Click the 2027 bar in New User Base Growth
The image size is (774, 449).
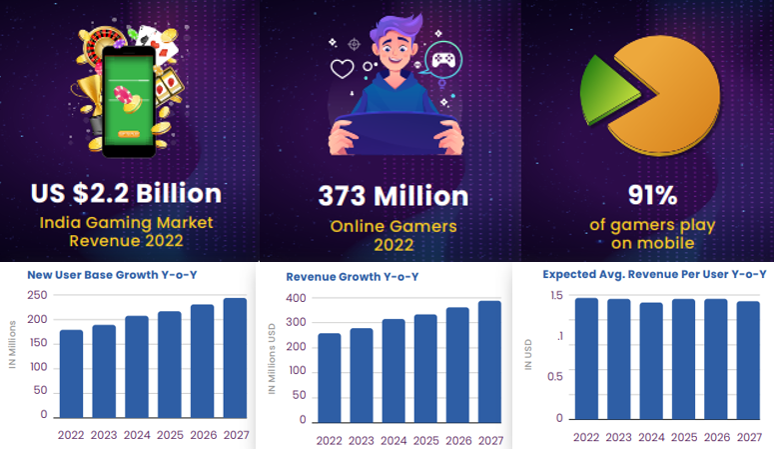(235, 357)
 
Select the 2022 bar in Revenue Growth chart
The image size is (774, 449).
(329, 375)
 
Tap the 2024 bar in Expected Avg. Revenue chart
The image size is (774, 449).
(651, 360)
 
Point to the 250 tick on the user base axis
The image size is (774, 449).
(37, 295)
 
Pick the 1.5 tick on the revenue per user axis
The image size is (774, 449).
(555, 295)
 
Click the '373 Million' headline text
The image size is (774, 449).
(392, 195)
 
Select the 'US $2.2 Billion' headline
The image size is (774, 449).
(126, 192)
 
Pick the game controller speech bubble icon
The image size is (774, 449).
(440, 62)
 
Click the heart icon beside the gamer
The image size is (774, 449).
(343, 70)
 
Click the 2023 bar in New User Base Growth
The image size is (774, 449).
(104, 371)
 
